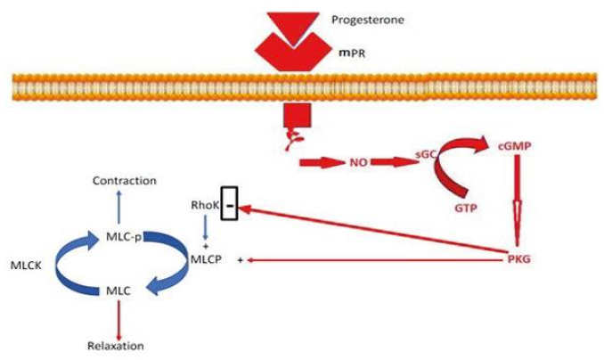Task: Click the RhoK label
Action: [x=204, y=204]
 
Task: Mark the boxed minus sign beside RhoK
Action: [x=231, y=205]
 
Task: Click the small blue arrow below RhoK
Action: [x=206, y=227]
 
